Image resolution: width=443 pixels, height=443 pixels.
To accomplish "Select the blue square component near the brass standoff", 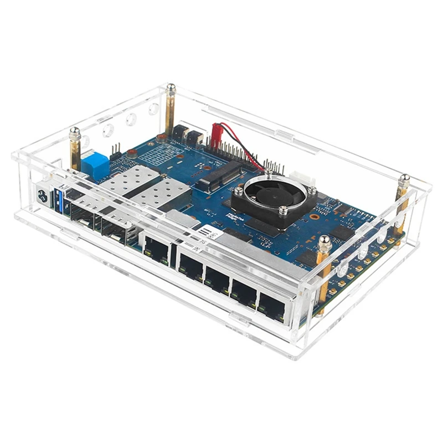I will (95, 163).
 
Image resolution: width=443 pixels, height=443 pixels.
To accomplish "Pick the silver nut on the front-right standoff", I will (324, 241).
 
